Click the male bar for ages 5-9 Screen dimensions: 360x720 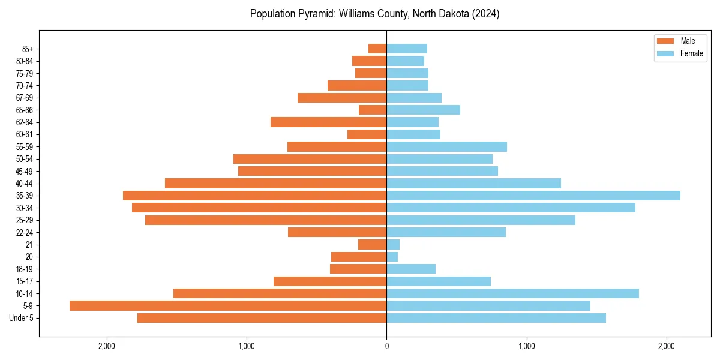coord(228,305)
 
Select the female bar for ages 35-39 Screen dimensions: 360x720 coord(533,196)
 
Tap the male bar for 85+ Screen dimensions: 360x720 coord(377,49)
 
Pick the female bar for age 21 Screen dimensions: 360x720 coord(393,244)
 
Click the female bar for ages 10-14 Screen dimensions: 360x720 coord(512,293)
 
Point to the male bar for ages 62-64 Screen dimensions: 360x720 coord(328,122)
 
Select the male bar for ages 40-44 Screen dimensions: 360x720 coord(275,183)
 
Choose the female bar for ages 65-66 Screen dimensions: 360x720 coord(423,110)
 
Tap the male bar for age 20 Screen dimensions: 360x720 coord(359,257)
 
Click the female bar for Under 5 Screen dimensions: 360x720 coord(496,318)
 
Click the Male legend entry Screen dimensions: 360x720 coord(680,41)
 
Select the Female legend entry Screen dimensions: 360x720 coord(680,53)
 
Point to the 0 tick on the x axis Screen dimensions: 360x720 coord(386,346)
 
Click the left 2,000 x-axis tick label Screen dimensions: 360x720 coord(107,346)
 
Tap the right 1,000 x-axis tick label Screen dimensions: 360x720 coord(526,346)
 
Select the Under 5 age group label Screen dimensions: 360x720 coord(22,318)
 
